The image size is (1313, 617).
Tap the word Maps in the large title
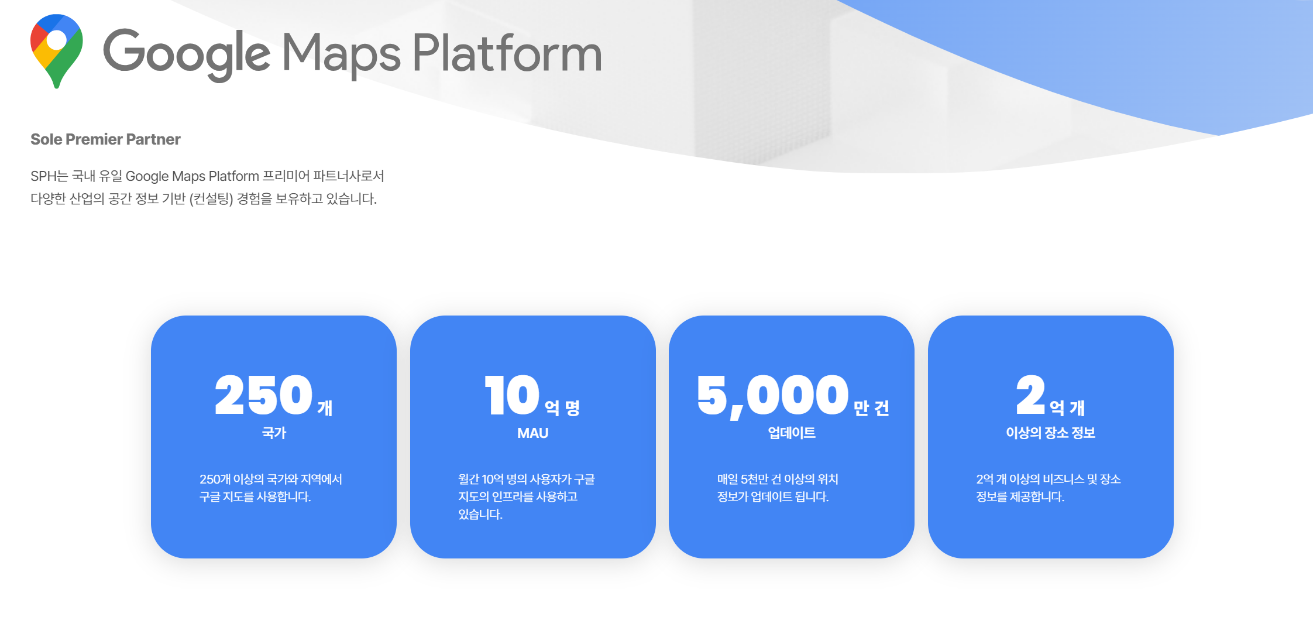(341, 54)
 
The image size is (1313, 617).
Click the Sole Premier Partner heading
(105, 139)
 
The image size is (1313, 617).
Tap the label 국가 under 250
(274, 433)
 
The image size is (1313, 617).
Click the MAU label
(532, 433)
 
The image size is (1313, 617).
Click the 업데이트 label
(792, 433)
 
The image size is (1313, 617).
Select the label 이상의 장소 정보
(1050, 433)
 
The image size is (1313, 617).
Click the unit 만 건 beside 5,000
(871, 408)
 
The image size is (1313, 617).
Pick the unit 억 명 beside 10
(562, 408)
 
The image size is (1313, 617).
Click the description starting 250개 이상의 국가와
(271, 488)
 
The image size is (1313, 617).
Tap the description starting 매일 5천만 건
(778, 488)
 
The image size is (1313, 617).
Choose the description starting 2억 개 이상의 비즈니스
(1049, 488)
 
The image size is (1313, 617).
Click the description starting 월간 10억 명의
(527, 497)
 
